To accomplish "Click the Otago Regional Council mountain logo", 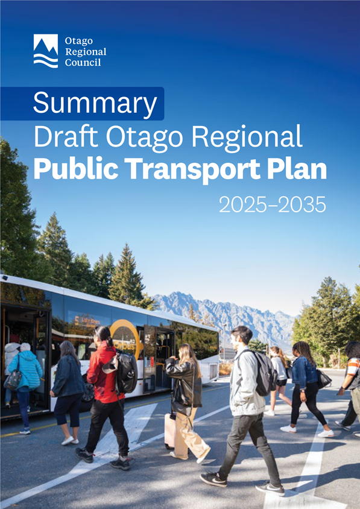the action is pyautogui.click(x=46, y=51).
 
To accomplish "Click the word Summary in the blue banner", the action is pyautogui.click(x=95, y=103).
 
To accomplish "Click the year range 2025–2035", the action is pyautogui.click(x=273, y=204).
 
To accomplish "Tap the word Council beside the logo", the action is pyautogui.click(x=83, y=62).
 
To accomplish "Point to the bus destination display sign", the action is pyautogui.click(x=87, y=322).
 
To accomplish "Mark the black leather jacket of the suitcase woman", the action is pyautogui.click(x=184, y=381).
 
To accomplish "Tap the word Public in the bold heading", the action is pyautogui.click(x=76, y=169).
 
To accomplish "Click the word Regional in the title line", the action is pyautogui.click(x=247, y=138).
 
